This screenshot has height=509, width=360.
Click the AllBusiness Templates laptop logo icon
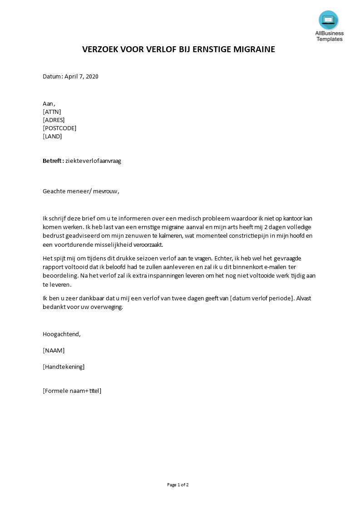coord(328,20)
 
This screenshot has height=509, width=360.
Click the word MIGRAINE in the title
coord(254,49)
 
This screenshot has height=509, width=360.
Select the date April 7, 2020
coord(81,76)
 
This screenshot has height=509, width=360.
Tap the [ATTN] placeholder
coord(52,112)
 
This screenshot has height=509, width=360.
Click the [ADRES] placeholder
coord(54,120)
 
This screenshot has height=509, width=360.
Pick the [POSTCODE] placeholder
coord(59,128)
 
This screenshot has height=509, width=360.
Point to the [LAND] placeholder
coord(52,136)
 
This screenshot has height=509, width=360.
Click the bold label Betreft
coord(53,161)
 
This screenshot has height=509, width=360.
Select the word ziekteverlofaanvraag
coord(94,161)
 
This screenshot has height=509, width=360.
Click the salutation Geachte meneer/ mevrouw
coord(81,191)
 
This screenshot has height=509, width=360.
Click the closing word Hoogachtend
coord(61,334)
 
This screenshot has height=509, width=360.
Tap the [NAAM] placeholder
coord(54,350)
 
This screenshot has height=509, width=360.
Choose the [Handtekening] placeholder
coord(64,367)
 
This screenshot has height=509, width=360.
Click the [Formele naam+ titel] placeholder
coord(72,391)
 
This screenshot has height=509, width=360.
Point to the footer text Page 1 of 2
coord(178,485)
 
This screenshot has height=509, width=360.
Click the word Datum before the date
coord(52,76)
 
